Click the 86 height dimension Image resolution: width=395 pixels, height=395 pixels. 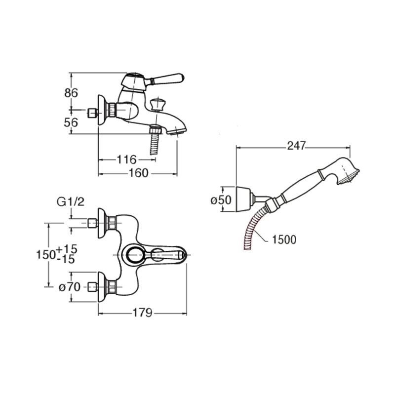point(71,93)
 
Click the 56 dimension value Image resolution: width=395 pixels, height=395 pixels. point(71,122)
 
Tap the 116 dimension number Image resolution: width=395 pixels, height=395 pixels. point(126,159)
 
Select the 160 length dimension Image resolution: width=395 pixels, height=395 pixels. point(138,173)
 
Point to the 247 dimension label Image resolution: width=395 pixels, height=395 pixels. point(296,146)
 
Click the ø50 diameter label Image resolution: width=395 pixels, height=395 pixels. point(221,200)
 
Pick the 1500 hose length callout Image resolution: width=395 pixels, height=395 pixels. point(284,239)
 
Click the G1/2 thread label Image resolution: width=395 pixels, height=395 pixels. point(71,202)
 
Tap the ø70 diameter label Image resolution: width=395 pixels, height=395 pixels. point(70,287)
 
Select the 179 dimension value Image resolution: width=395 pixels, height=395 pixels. point(143,313)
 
